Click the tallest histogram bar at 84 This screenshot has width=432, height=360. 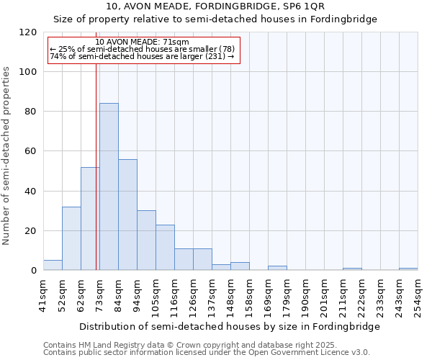pyautogui.click(x=109, y=187)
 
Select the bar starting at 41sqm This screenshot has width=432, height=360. pyautogui.click(x=53, y=266)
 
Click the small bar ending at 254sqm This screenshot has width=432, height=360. pyautogui.click(x=408, y=269)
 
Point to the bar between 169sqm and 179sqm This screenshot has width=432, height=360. pyautogui.click(x=277, y=269)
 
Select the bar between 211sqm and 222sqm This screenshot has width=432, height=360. pyautogui.click(x=352, y=269)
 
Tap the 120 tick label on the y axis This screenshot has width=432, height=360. pyautogui.click(x=28, y=32)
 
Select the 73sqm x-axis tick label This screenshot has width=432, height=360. pyautogui.click(x=100, y=294)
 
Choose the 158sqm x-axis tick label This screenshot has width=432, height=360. pyautogui.click(x=250, y=294)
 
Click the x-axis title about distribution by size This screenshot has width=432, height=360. pyautogui.click(x=229, y=326)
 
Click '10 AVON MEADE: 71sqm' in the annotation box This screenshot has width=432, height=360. pyautogui.click(x=142, y=42)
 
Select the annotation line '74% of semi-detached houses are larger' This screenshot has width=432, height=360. pyautogui.click(x=142, y=56)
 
